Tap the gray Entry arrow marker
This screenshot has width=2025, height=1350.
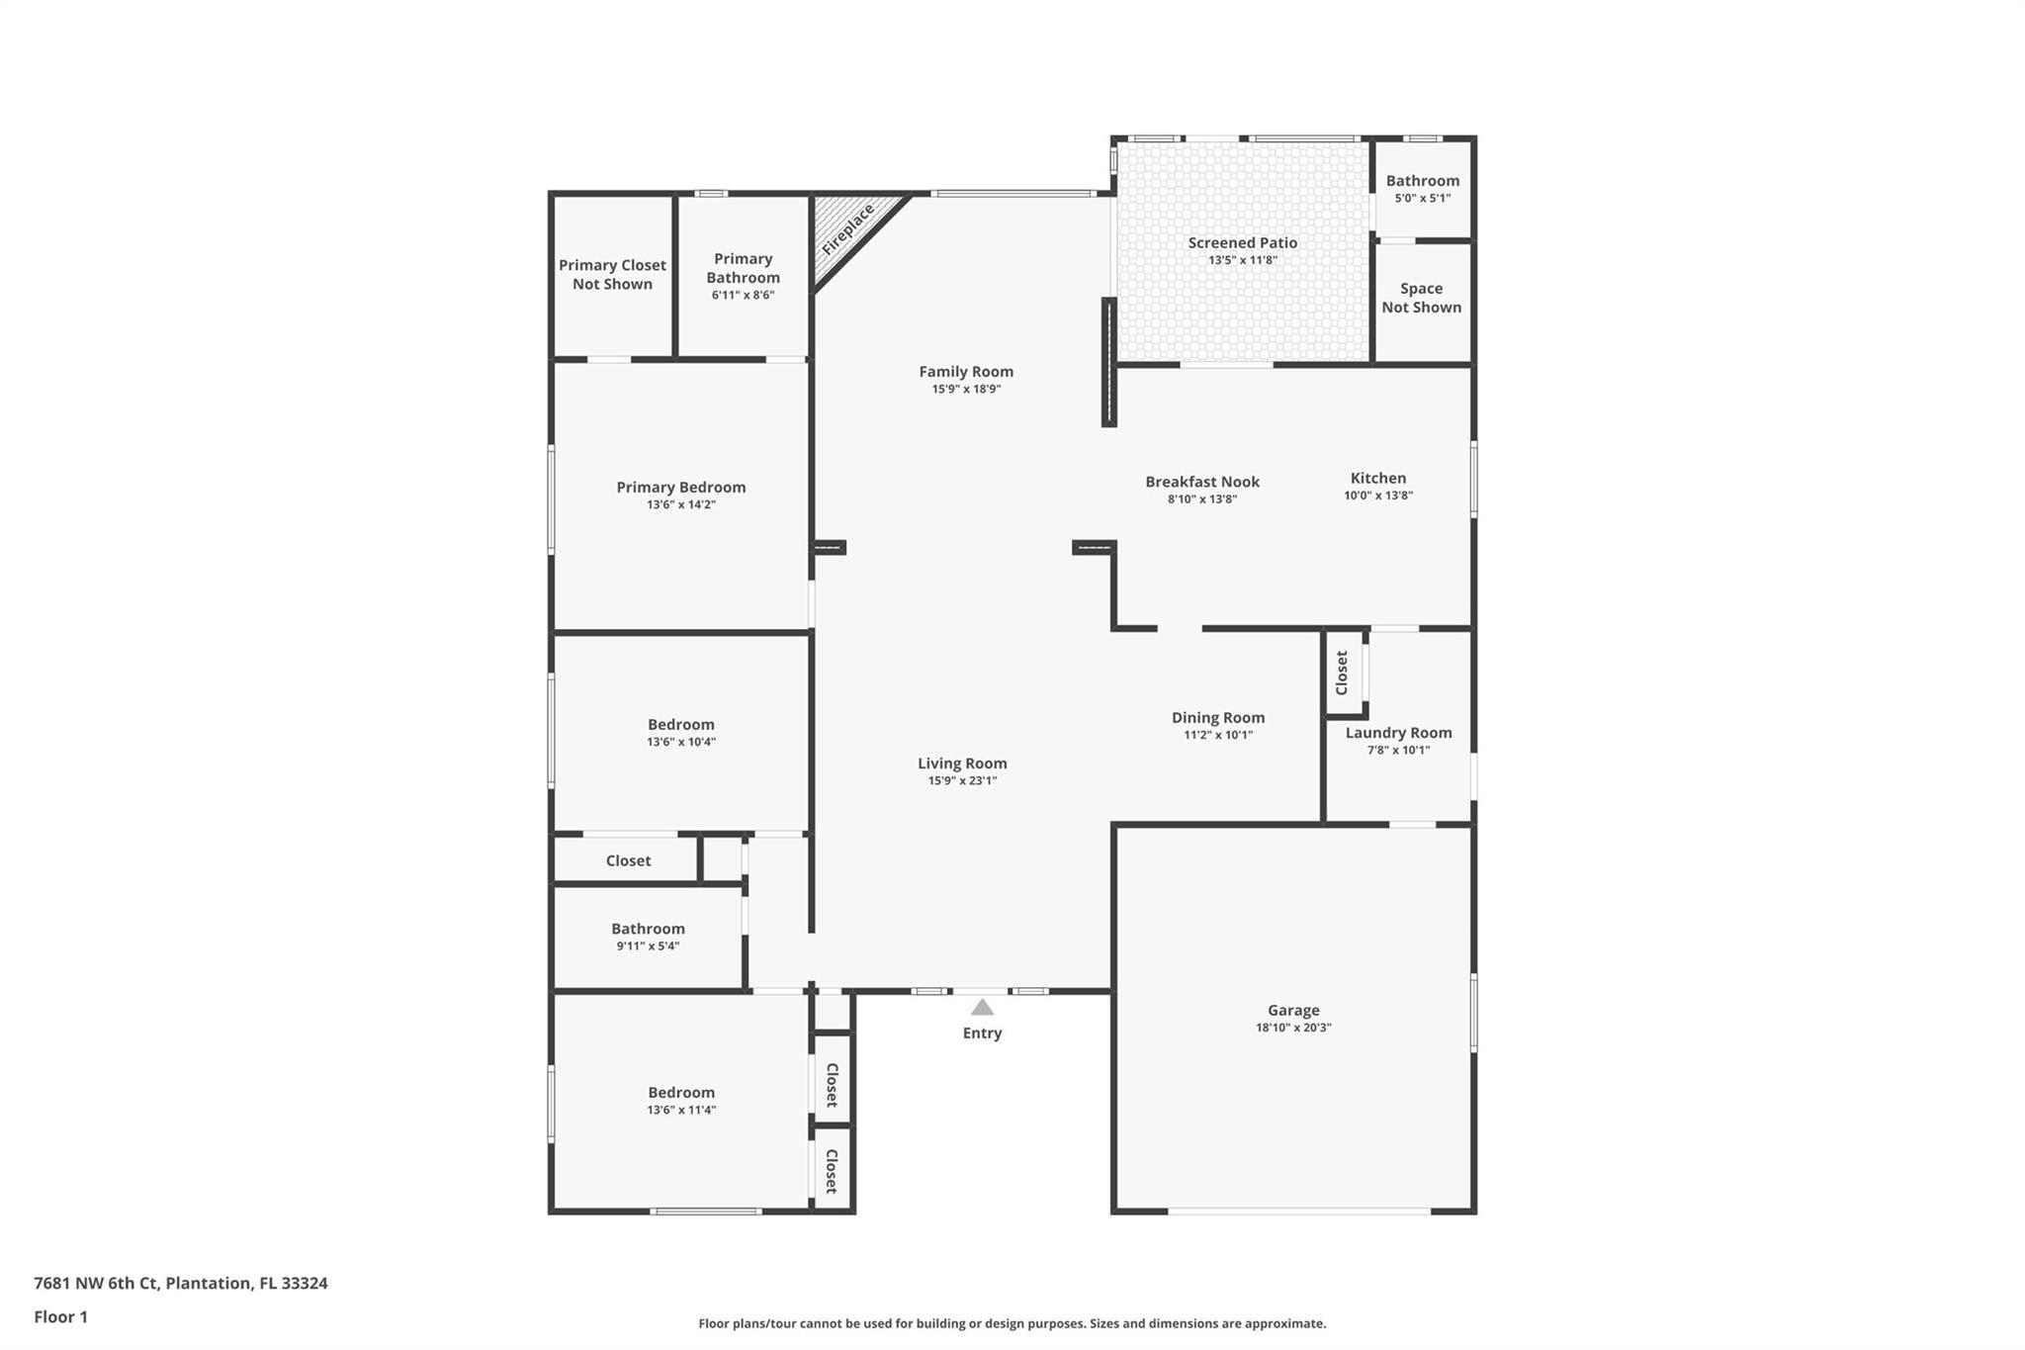click(x=982, y=1007)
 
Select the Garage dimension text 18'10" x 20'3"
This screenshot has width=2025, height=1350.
click(x=1293, y=1028)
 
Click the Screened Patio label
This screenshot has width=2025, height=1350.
click(x=1243, y=242)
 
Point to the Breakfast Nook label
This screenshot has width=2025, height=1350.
click(x=1202, y=482)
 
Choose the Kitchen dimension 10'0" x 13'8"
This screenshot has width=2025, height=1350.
click(x=1378, y=495)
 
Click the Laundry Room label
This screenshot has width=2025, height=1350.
click(x=1398, y=733)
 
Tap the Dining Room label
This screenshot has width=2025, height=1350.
click(x=1218, y=718)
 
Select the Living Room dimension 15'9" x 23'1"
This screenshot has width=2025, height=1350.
click(x=962, y=781)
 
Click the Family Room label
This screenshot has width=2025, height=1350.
click(x=966, y=372)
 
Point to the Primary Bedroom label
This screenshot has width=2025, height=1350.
click(x=681, y=488)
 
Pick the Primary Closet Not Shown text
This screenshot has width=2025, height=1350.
click(x=612, y=275)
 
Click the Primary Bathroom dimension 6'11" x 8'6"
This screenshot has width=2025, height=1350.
click(x=743, y=295)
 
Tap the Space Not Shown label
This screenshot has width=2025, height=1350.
click(x=1422, y=298)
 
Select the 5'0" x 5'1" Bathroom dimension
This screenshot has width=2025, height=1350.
click(x=1423, y=198)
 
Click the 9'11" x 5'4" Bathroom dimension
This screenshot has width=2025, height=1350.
click(x=648, y=946)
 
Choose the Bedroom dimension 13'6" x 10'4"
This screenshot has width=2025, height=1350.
click(x=681, y=742)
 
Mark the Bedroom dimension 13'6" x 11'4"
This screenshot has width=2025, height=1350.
click(x=681, y=1110)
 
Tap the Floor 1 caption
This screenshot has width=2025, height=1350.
click(x=61, y=1317)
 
